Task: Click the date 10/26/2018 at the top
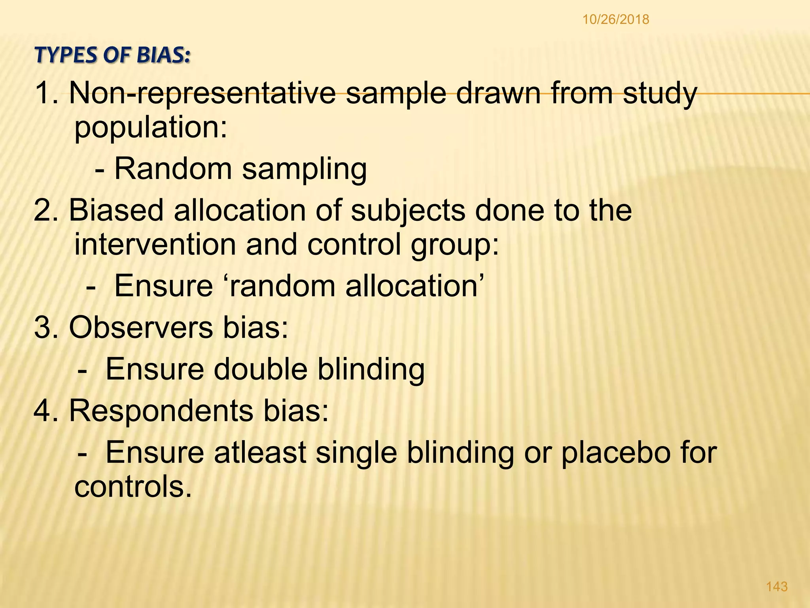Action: pos(616,19)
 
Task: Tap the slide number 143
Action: pos(777,586)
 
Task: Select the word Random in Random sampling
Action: pos(173,169)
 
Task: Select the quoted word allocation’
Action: pos(415,286)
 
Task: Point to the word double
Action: pos(261,369)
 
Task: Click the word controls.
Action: pos(133,486)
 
